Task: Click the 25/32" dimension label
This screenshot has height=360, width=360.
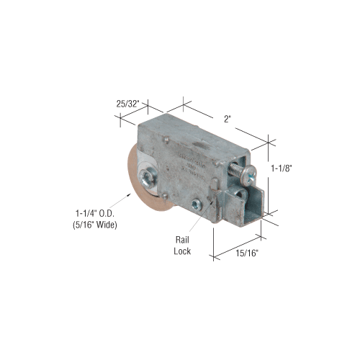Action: (127, 104)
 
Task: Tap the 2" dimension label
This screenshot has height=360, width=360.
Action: (228, 119)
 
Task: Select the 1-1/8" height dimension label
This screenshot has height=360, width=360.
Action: (282, 168)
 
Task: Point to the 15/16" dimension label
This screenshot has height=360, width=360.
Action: (247, 253)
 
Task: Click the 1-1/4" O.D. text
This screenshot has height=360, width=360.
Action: (95, 213)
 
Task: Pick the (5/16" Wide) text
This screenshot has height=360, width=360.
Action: (95, 225)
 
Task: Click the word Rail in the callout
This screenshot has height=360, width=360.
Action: (182, 240)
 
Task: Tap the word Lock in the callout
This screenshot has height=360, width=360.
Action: (182, 251)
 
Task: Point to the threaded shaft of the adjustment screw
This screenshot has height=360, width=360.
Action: (235, 169)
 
